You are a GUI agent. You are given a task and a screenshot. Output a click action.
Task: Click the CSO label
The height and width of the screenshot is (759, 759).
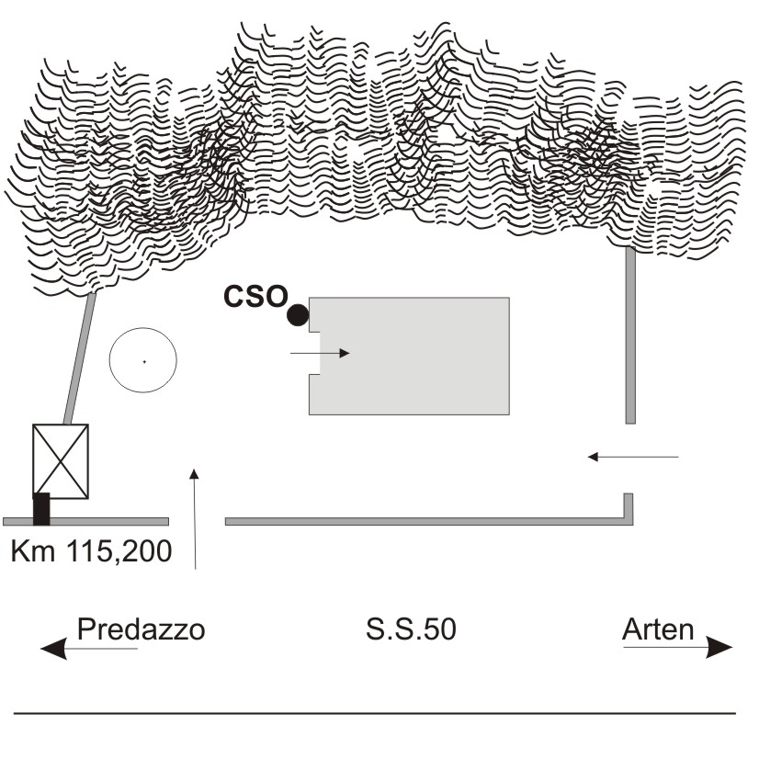[x=255, y=296]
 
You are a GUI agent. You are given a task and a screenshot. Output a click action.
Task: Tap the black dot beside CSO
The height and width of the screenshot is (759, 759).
[x=298, y=315]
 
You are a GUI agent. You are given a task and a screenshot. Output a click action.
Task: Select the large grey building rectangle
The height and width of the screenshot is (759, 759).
[x=410, y=356]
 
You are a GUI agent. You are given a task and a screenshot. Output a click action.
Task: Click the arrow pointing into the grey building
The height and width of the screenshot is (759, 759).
[x=320, y=354]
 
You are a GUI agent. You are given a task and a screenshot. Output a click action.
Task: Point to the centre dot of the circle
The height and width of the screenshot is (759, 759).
[x=144, y=361]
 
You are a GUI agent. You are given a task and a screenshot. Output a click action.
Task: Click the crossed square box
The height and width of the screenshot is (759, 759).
[x=61, y=461]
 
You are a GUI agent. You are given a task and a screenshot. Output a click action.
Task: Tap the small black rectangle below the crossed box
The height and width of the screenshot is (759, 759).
[x=41, y=509]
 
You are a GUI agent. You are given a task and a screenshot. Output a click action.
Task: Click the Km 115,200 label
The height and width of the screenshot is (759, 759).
[x=92, y=550]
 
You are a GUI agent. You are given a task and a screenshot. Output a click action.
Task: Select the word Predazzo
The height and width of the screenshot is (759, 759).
[x=142, y=629]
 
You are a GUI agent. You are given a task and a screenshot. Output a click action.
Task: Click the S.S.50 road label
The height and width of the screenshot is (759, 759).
[x=411, y=629]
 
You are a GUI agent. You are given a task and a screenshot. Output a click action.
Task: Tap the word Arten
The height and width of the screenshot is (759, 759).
[x=658, y=629]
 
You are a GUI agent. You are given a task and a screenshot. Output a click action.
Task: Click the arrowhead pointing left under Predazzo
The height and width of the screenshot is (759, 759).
[x=53, y=649]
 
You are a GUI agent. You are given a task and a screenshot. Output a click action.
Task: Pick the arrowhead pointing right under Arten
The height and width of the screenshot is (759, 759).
[x=719, y=648]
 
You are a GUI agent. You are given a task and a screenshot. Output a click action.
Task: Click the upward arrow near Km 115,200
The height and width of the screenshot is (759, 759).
[x=195, y=519]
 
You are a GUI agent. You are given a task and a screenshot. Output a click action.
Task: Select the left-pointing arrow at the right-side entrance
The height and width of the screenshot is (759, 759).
[x=633, y=457]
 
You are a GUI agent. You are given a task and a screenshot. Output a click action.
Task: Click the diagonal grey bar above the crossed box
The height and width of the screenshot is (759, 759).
[x=80, y=358]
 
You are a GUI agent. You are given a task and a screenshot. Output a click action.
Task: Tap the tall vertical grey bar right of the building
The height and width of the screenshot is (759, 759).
[x=630, y=335]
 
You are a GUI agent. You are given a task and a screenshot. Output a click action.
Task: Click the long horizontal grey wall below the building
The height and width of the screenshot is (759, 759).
[x=429, y=521]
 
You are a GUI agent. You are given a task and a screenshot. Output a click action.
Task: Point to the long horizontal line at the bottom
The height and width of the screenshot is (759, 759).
[x=375, y=713]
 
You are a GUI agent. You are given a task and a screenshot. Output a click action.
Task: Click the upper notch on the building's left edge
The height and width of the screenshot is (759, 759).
[x=314, y=329]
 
